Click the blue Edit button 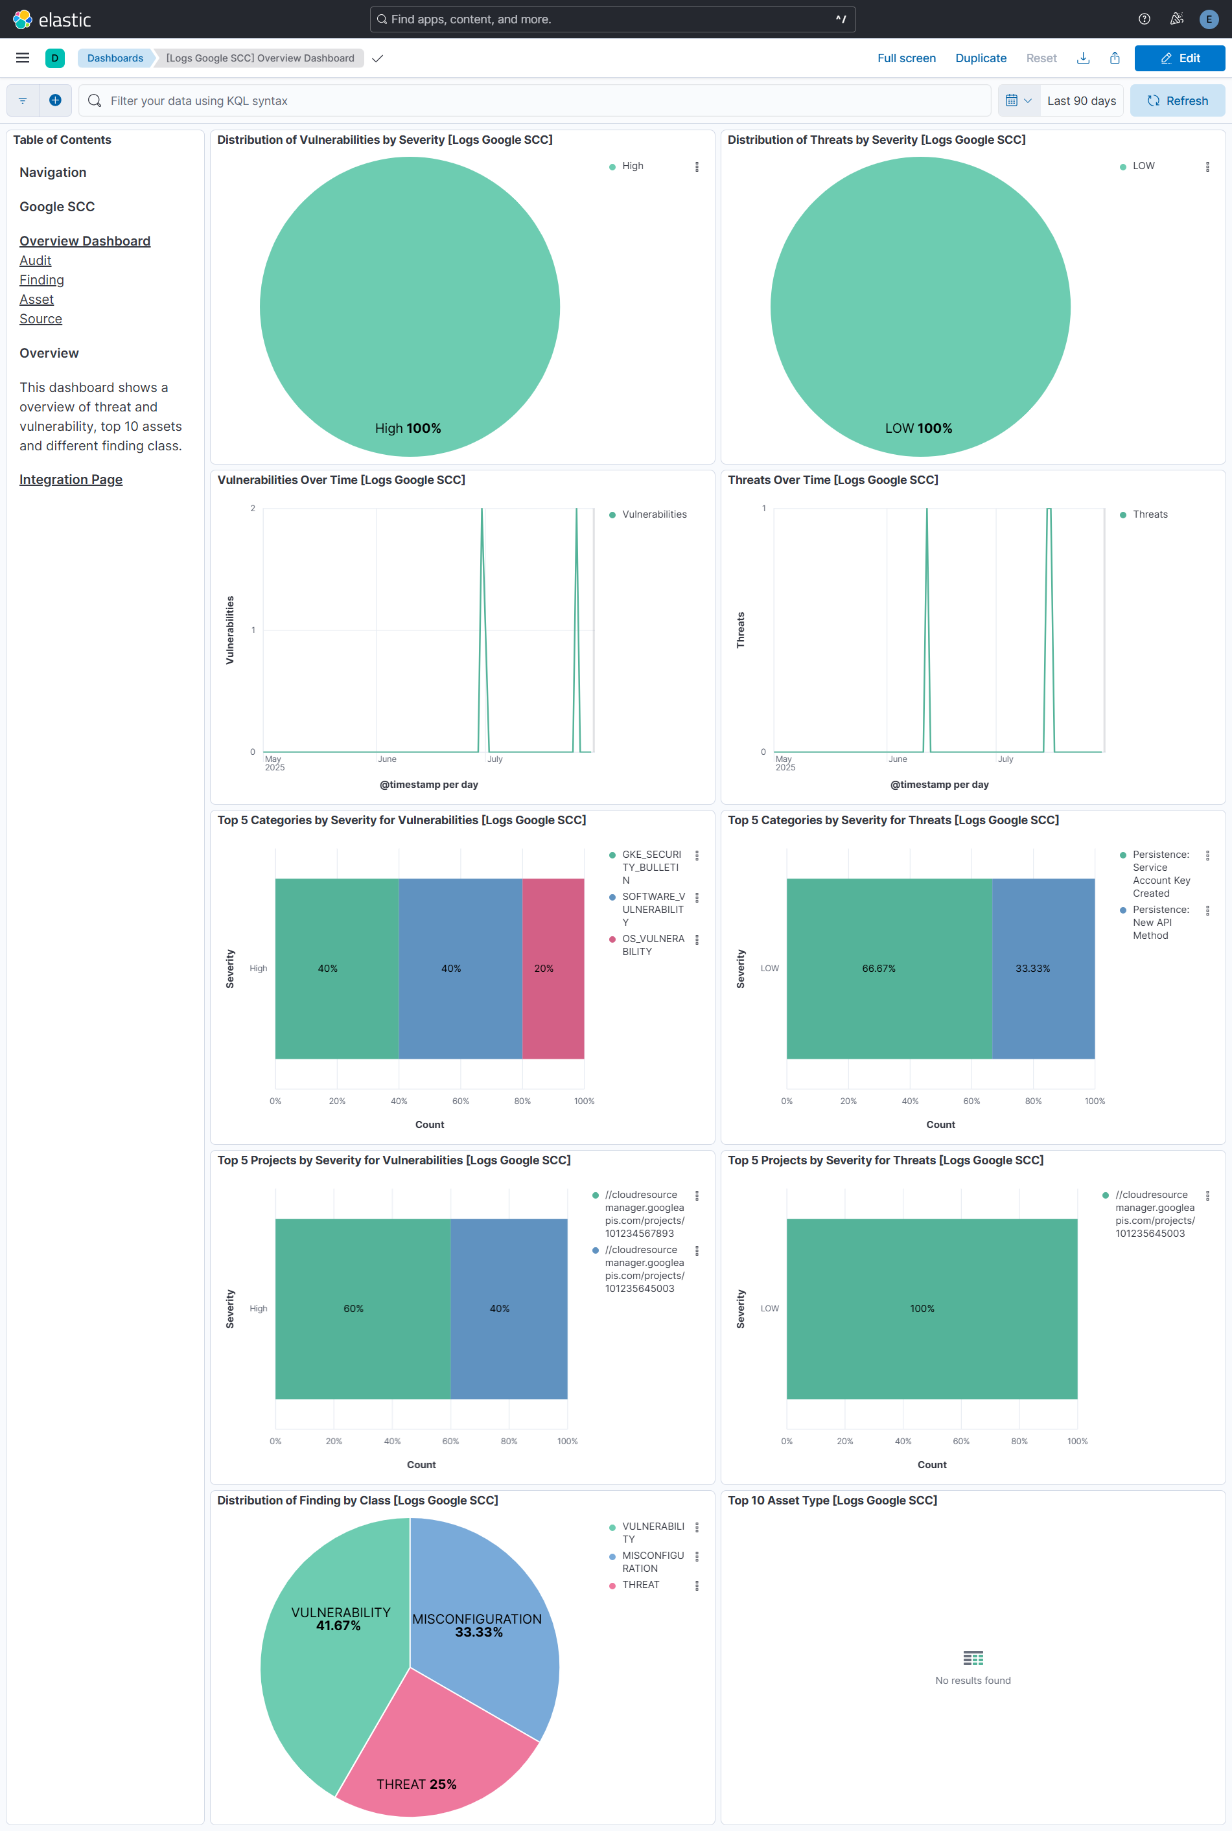(x=1179, y=58)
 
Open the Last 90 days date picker (x=1080, y=100)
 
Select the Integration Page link (x=71, y=480)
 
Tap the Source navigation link (x=41, y=319)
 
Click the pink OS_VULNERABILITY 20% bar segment (x=553, y=969)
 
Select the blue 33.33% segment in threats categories (x=1043, y=969)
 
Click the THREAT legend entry (x=640, y=1584)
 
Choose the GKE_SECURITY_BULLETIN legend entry (x=651, y=867)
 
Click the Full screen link (x=906, y=58)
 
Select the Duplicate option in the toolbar (x=980, y=58)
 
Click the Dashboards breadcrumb (x=115, y=58)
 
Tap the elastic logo (x=52, y=19)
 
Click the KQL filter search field (x=534, y=100)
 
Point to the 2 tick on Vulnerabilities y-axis (x=253, y=508)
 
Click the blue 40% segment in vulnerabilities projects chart (x=508, y=1309)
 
